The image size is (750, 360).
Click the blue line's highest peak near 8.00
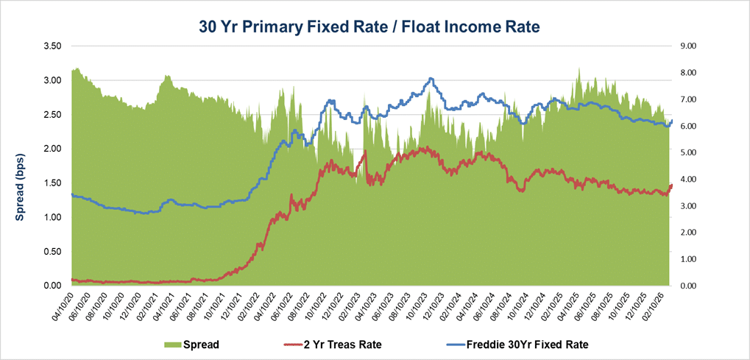click(x=431, y=79)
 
